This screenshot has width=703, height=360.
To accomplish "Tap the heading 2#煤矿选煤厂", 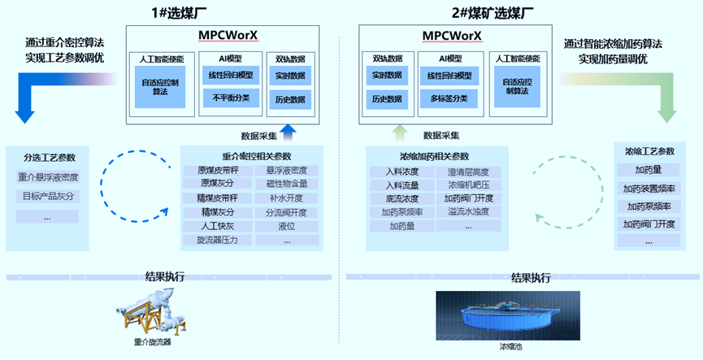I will point(493,13).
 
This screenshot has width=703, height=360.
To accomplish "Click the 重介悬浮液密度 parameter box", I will point(47,177).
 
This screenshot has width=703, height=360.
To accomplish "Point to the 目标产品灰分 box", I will point(47,197).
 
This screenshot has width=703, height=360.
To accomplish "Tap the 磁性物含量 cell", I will point(286,184).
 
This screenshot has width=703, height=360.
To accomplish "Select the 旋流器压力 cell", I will point(218,241).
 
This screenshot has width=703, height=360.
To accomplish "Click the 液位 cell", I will point(286,227).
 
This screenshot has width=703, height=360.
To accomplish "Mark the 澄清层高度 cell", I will point(468,171).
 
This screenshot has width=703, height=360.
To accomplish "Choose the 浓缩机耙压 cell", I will point(468,185).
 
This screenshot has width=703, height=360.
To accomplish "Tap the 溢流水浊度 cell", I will point(468,212).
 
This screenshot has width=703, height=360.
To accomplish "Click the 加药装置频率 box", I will point(649,189).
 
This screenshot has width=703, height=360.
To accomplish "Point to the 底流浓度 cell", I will point(401,198).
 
